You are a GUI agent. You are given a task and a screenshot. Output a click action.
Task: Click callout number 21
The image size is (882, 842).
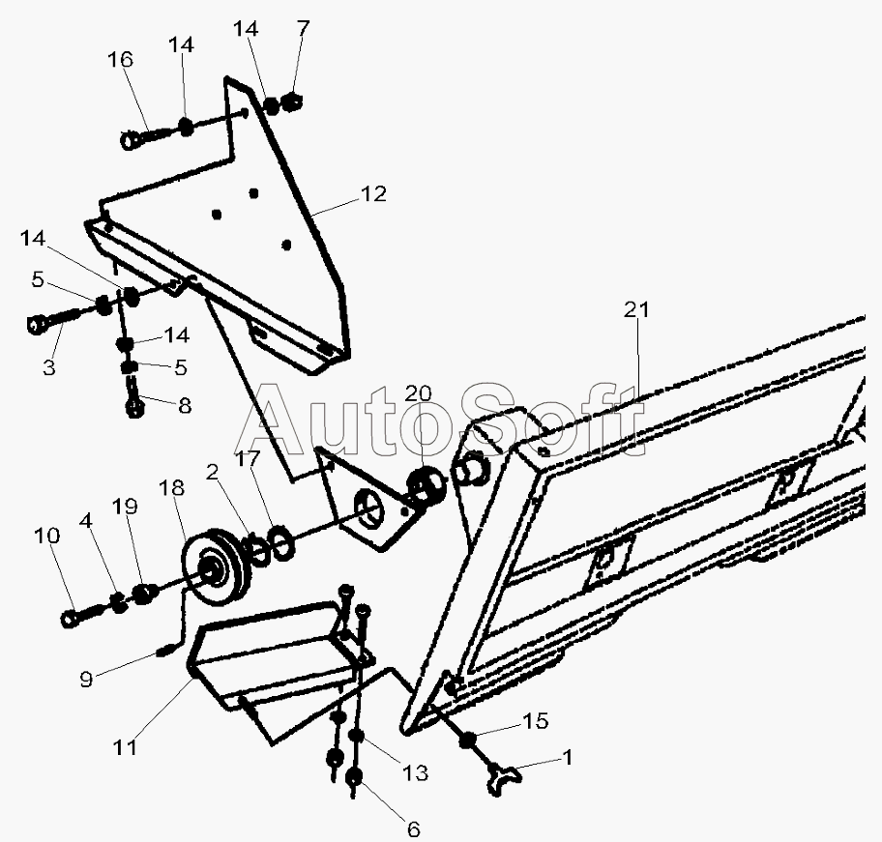pos(637,310)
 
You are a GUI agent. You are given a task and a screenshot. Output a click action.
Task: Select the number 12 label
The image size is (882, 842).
pos(373,194)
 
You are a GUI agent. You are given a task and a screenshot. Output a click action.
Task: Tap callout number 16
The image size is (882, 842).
pos(121,60)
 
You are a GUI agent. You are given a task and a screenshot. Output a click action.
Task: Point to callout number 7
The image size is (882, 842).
pos(304,29)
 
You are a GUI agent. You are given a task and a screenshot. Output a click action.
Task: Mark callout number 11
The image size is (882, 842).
pos(125,746)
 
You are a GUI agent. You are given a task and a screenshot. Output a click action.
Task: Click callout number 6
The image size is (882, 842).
pos(413,828)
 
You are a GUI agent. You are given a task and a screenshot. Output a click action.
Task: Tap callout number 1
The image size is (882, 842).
pos(568,759)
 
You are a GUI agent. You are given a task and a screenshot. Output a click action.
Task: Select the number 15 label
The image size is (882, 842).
pos(535,721)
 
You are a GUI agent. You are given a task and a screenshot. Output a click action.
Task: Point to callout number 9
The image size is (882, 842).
pos(86,680)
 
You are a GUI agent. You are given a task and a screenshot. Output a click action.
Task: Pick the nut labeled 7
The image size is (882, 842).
pos(294,101)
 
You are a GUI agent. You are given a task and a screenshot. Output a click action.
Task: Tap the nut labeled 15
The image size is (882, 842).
pos(469,740)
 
